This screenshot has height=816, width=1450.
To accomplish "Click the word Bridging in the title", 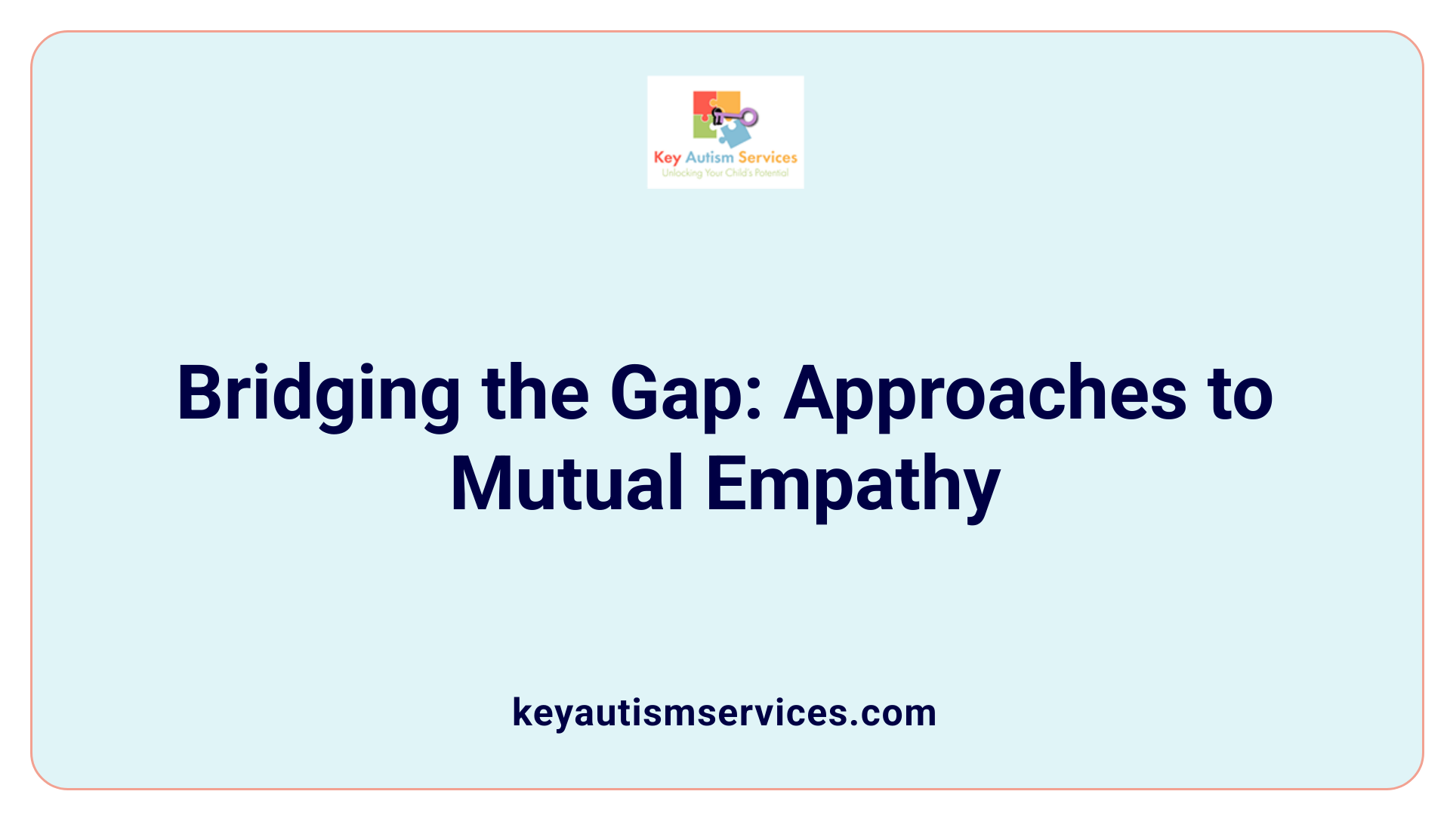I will [318, 394].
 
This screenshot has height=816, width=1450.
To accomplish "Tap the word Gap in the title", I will [675, 394].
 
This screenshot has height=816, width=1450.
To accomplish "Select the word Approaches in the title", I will [986, 394].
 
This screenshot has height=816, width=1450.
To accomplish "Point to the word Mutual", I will [567, 484].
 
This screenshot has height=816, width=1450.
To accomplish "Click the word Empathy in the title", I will [853, 484].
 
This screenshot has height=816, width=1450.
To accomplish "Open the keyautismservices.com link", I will [724, 712].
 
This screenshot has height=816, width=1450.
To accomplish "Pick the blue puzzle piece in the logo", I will [735, 134].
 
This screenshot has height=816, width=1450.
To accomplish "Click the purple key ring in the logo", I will [749, 116].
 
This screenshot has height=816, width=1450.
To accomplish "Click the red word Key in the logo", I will [667, 157].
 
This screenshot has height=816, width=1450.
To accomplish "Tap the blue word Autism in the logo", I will [709, 157].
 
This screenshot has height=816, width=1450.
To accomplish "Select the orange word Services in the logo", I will [767, 157].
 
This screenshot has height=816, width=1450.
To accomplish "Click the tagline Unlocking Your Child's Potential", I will [725, 173].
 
